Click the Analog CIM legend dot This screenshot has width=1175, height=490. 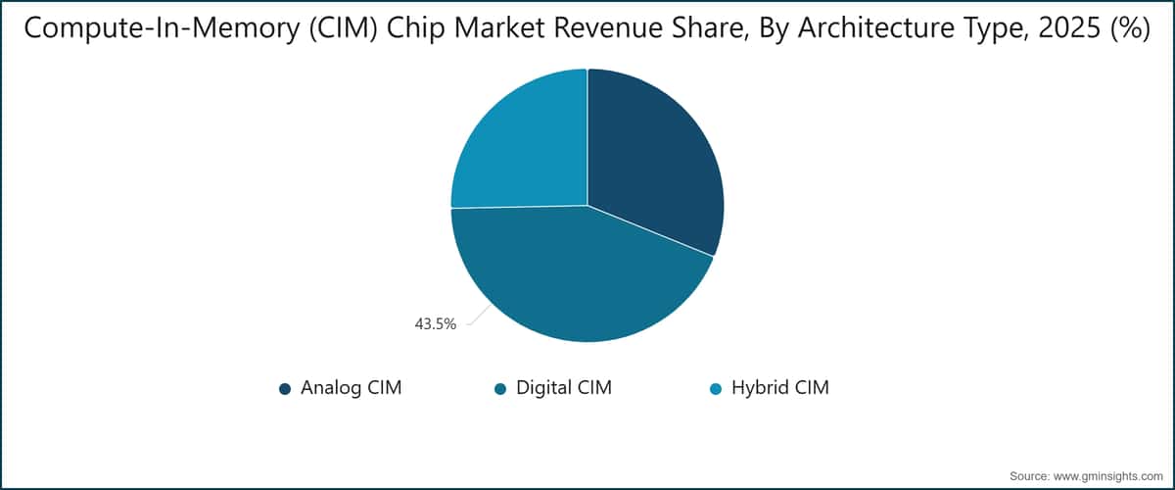point(285,388)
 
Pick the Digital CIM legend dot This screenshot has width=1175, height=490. point(500,388)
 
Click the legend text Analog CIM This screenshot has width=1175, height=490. point(352,388)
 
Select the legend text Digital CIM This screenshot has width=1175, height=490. point(565,388)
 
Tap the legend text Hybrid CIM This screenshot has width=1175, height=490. point(780,388)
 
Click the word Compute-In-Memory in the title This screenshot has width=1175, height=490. point(146,30)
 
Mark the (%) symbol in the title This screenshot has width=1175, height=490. point(1129,30)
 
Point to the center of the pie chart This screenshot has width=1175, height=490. point(587,206)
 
